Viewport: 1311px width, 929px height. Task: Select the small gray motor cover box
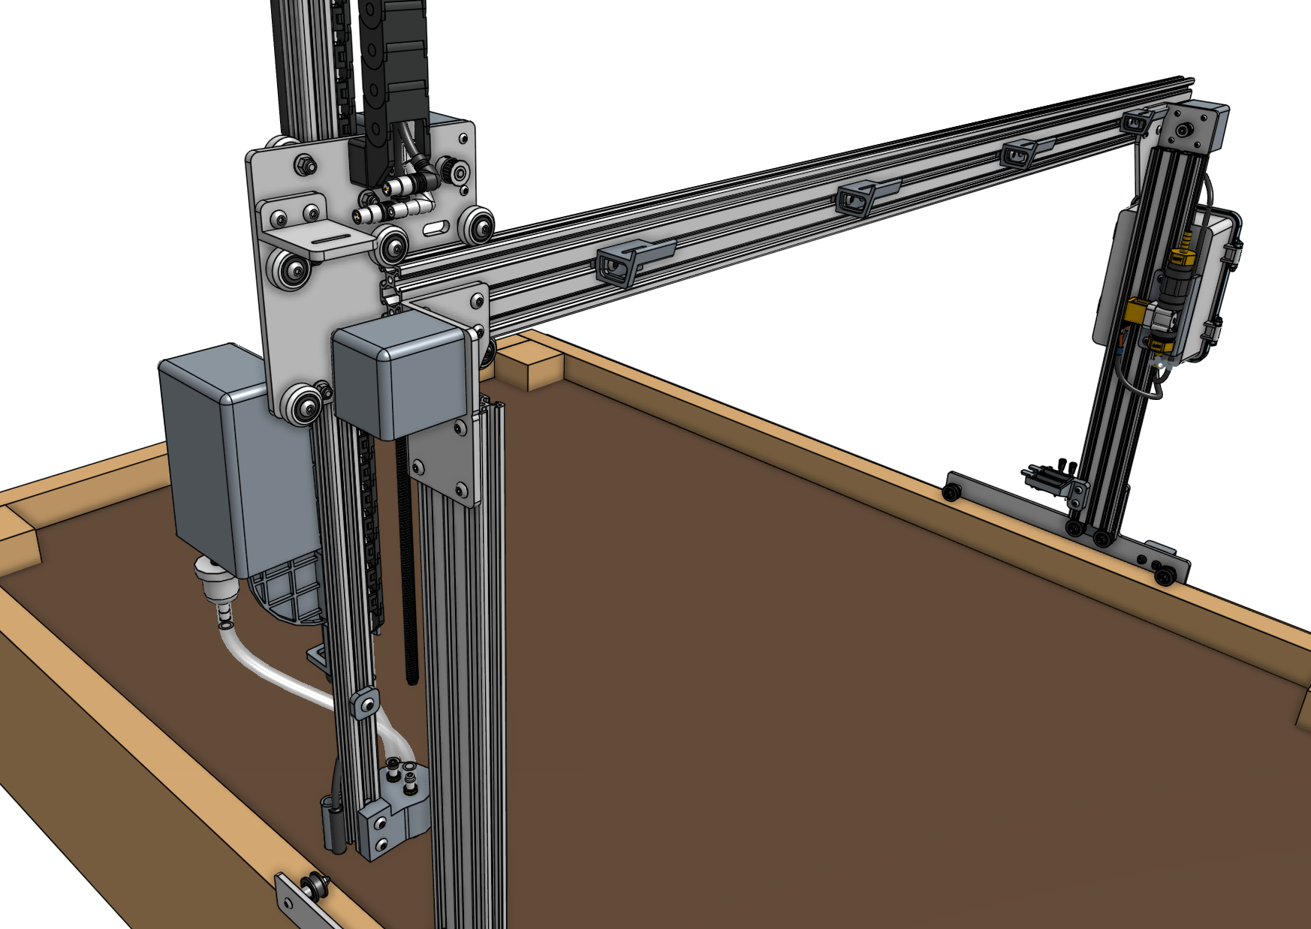pyautogui.click(x=402, y=375)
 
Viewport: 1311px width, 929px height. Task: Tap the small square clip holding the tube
pyautogui.click(x=364, y=704)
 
